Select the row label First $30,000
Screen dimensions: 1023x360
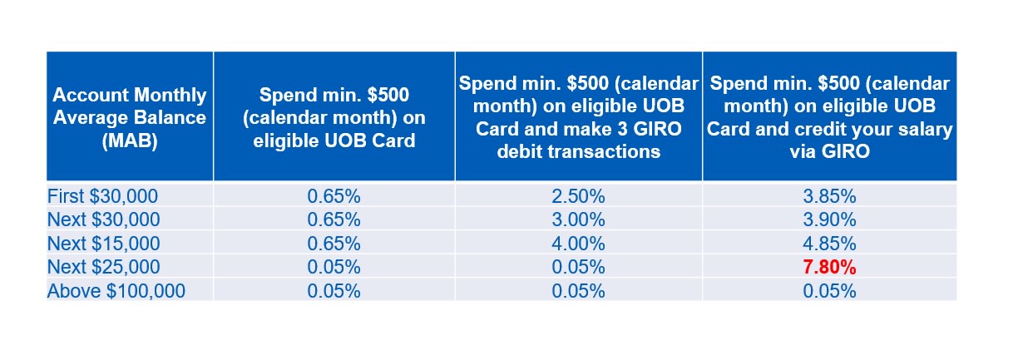103,197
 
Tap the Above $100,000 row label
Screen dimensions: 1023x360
116,291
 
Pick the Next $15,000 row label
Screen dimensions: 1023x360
104,244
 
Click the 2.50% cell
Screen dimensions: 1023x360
578,197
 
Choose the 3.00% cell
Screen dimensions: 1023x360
578,220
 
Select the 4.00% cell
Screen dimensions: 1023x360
578,244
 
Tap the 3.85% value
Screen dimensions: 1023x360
829,197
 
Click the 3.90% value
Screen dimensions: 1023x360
829,220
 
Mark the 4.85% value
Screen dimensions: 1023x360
829,244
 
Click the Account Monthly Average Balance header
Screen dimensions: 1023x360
130,118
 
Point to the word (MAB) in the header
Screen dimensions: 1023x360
130,141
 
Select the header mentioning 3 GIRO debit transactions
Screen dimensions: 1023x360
579,117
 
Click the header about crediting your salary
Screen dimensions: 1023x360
830,117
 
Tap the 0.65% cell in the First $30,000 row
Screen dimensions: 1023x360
334,197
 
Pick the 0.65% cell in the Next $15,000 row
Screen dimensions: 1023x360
334,244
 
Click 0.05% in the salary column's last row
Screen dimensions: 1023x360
829,291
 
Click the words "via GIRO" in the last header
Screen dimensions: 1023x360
830,151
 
